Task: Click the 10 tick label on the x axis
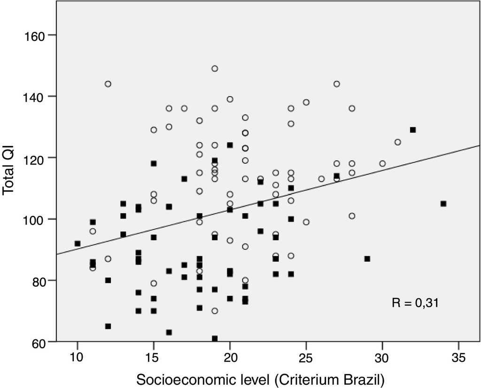78,358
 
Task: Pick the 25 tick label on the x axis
306,358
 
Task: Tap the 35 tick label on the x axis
458,358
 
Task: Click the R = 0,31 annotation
415,303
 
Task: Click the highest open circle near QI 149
215,68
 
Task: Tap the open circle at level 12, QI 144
108,84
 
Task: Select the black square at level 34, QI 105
443,204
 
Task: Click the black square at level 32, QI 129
413,130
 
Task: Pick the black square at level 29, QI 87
367,259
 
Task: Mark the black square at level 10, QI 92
78,243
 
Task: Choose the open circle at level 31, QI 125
398,142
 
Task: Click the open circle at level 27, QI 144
337,84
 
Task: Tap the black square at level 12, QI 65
108,326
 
